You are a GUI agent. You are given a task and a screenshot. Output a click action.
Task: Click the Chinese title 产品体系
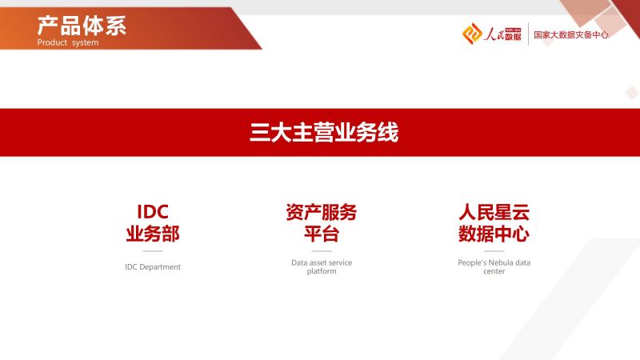click(x=82, y=26)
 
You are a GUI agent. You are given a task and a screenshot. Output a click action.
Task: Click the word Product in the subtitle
click(x=52, y=42)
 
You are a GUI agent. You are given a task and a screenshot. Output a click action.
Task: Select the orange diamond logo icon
click(x=472, y=34)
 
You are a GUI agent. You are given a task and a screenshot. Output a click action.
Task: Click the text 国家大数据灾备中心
click(x=570, y=34)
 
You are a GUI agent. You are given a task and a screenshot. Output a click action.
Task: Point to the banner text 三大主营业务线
click(x=324, y=132)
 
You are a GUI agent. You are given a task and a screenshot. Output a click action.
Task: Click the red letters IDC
click(x=153, y=212)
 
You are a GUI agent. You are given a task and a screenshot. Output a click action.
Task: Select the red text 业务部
click(x=153, y=234)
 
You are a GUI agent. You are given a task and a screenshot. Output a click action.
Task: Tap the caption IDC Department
click(x=153, y=267)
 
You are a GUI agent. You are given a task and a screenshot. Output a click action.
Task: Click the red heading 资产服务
click(x=322, y=212)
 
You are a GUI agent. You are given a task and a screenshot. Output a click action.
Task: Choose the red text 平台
click(x=322, y=234)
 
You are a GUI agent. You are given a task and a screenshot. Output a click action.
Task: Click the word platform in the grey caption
click(x=322, y=271)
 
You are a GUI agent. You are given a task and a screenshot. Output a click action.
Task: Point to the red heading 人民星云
click(x=494, y=212)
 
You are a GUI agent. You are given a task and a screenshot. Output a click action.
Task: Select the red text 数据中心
click(x=494, y=234)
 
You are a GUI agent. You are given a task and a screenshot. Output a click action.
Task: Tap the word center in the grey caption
click(x=494, y=271)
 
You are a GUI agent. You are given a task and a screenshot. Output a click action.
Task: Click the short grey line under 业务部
click(x=153, y=251)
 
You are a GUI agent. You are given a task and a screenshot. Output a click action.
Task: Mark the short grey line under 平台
click(x=322, y=251)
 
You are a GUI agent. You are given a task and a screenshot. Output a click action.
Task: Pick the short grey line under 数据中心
click(x=494, y=251)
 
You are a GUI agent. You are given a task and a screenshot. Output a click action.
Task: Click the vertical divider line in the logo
click(x=528, y=34)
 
